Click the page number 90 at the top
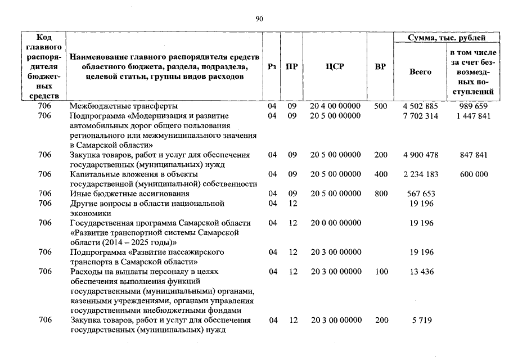tap(259, 19)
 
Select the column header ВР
tap(380, 66)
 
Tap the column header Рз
tap(272, 66)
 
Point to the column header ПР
tap(291, 66)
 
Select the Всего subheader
tap(420, 72)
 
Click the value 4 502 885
tap(420, 106)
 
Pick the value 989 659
tap(472, 106)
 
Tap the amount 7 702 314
tap(420, 116)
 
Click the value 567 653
tap(419, 193)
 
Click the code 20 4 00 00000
tap(335, 106)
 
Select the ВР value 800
tap(381, 193)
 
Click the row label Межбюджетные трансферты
tap(124, 106)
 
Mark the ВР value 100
tap(381, 272)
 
